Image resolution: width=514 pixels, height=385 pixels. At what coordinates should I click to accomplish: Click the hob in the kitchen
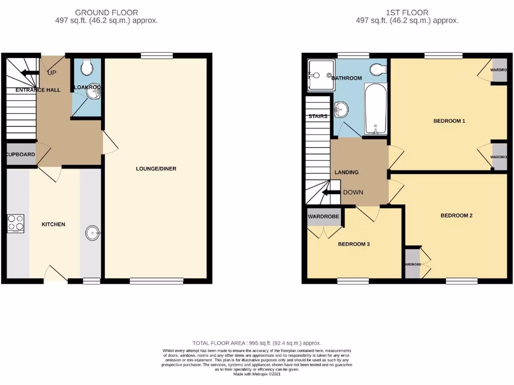pyautogui.click(x=16, y=224)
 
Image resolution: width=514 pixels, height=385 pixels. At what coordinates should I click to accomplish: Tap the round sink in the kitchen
pyautogui.click(x=92, y=233)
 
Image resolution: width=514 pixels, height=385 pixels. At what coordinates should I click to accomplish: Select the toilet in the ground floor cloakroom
pyautogui.click(x=86, y=66)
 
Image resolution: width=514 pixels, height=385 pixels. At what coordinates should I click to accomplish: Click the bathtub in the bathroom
pyautogui.click(x=375, y=109)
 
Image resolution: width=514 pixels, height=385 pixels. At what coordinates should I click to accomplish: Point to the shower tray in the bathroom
pyautogui.click(x=320, y=76)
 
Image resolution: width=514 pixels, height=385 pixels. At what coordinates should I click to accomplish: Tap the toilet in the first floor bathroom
pyautogui.click(x=376, y=69)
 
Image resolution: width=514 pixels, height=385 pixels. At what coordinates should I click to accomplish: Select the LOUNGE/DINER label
pyautogui.click(x=156, y=168)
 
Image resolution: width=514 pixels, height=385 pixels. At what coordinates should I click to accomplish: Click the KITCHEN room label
pyautogui.click(x=53, y=224)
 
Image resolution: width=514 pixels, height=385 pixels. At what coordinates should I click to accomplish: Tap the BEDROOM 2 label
pyautogui.click(x=456, y=216)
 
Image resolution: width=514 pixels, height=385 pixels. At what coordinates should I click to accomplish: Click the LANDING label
pyautogui.click(x=346, y=172)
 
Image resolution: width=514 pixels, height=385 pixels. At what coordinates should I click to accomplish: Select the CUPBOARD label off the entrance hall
pyautogui.click(x=20, y=154)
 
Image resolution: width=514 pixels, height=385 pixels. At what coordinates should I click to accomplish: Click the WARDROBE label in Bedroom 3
pyautogui.click(x=323, y=217)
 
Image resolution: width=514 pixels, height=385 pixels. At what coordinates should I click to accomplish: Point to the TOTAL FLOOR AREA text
pyautogui.click(x=256, y=343)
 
